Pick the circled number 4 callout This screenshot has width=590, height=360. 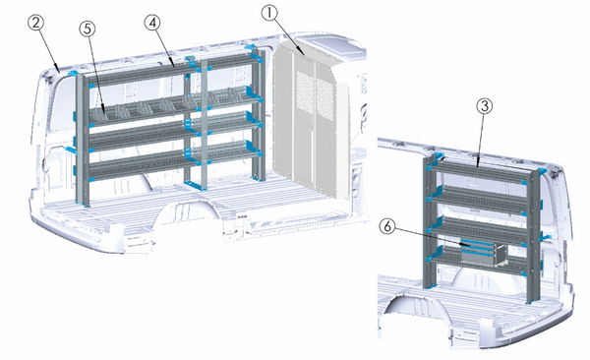coord(152,22)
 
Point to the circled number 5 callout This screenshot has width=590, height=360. coord(88,29)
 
